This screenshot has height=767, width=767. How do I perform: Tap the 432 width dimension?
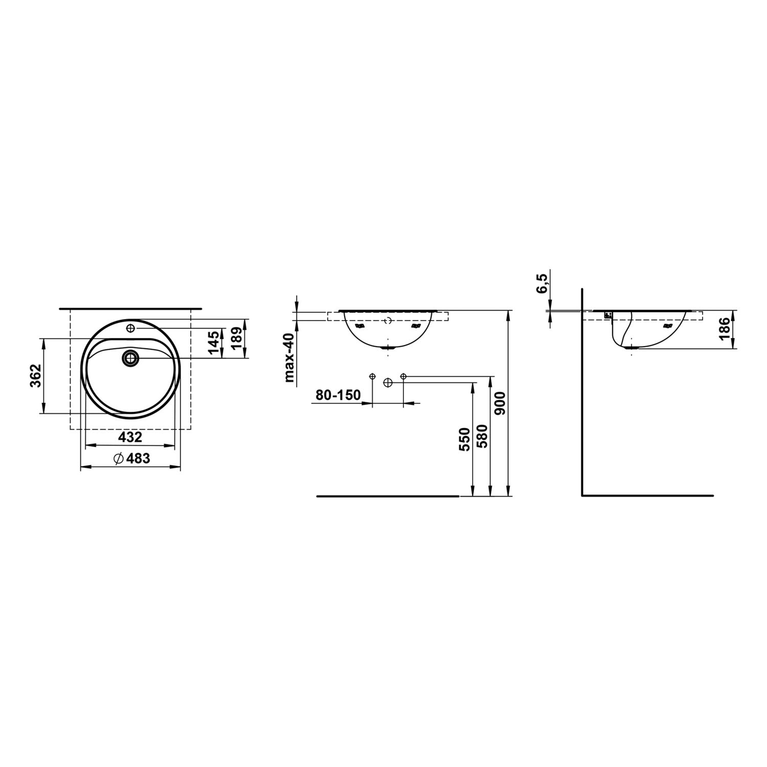tap(130, 437)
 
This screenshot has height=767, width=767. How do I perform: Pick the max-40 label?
tap(290, 357)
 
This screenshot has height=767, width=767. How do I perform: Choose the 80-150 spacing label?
tap(338, 395)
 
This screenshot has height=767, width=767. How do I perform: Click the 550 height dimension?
tap(464, 440)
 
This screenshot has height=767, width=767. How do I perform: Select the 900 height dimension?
tap(500, 403)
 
